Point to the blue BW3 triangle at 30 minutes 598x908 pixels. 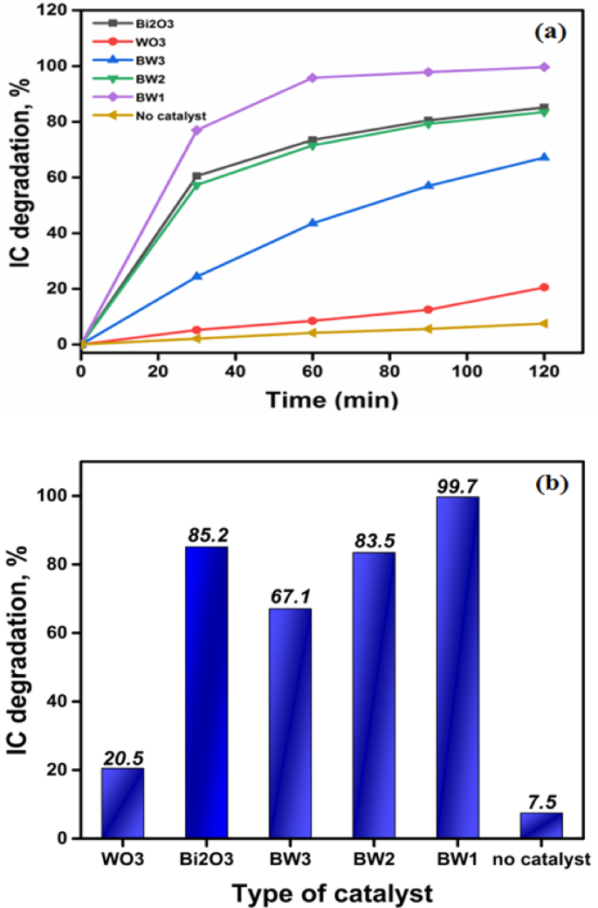(197, 276)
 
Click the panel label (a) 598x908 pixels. (551, 32)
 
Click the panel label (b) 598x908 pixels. (551, 479)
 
